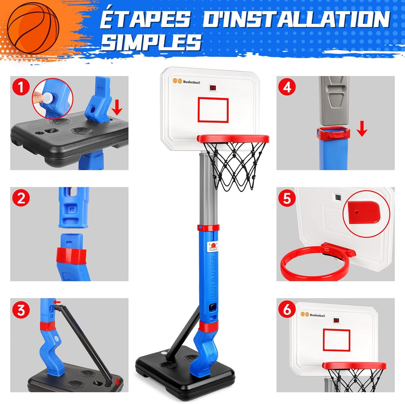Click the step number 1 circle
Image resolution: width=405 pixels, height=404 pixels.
pyautogui.click(x=20, y=87)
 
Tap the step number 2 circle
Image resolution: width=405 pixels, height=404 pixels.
pyautogui.click(x=20, y=198)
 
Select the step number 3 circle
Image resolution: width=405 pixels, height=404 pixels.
pyautogui.click(x=20, y=310)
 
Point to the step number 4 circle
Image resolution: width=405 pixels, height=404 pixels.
pyautogui.click(x=287, y=87)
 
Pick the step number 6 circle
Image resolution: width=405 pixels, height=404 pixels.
pyautogui.click(x=287, y=310)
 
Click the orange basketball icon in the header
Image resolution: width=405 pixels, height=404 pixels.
pyautogui.click(x=33, y=27)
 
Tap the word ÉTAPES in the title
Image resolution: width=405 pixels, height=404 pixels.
pyautogui.click(x=145, y=19)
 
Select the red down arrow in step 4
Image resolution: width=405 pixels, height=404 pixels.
pyautogui.click(x=362, y=129)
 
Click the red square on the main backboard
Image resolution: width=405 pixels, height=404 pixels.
pyautogui.click(x=213, y=110)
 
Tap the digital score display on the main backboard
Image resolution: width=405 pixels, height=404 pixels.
pyautogui.click(x=213, y=88)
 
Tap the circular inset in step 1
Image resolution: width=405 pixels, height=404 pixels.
pyautogui.click(x=52, y=99)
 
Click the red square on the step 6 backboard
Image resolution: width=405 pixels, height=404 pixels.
pyautogui.click(x=336, y=340)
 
